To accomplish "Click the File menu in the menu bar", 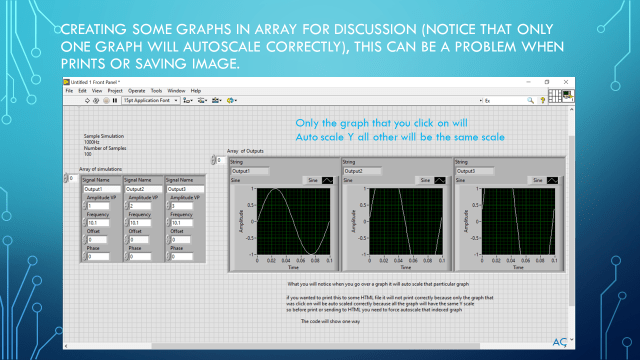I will click(x=70, y=91).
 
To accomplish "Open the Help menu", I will click(x=196, y=91).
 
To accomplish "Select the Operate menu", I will click(x=138, y=91).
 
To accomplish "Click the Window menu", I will click(x=176, y=91).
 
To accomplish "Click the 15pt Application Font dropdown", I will click(x=149, y=101).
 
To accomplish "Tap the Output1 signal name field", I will click(x=98, y=189).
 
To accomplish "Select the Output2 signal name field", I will click(x=139, y=189).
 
